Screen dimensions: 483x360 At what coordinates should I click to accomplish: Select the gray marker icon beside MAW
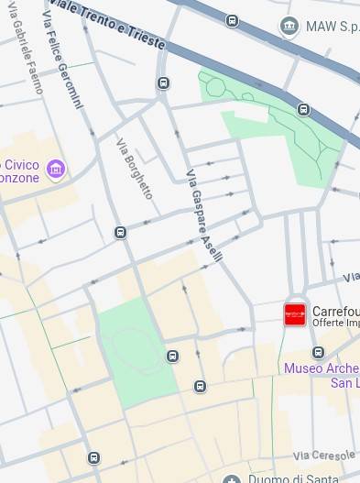tap(290, 25)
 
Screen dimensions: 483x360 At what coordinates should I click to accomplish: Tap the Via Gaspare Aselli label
tap(204, 216)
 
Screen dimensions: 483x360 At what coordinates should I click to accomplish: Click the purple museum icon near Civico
tap(57, 170)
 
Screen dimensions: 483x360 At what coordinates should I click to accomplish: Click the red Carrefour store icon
tap(295, 314)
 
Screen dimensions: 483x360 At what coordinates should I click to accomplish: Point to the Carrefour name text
tap(335, 311)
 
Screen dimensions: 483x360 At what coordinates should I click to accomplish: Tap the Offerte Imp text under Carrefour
tap(335, 324)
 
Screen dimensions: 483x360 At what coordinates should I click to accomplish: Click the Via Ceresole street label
tap(325, 455)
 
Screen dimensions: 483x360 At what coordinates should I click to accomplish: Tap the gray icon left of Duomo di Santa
tap(233, 478)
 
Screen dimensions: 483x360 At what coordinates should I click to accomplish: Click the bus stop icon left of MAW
tap(233, 20)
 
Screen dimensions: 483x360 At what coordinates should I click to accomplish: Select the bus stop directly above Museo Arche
tap(318, 352)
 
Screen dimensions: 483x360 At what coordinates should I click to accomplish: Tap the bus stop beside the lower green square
tap(172, 356)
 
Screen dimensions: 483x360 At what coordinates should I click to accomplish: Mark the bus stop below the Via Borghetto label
tap(120, 232)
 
